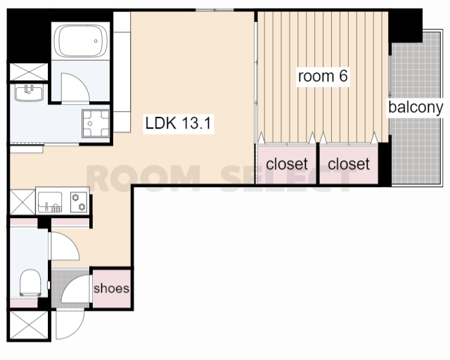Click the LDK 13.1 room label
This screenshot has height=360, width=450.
(178, 123)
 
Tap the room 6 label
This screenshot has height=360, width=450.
(323, 76)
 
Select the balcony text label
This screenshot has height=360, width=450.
(416, 108)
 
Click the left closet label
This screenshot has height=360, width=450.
(287, 164)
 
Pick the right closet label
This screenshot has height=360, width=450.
(349, 164)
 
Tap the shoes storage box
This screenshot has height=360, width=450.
(112, 288)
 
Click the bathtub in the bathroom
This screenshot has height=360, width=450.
(81, 41)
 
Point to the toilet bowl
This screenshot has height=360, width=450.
(30, 283)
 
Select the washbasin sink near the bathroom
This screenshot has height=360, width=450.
(29, 92)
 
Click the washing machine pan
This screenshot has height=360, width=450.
(96, 123)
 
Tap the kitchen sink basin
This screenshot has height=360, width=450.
(50, 202)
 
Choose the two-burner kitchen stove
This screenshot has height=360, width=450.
(79, 202)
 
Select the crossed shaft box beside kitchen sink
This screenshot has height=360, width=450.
(22, 202)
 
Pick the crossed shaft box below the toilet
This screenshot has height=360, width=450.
(29, 325)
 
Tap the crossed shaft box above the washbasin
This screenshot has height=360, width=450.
(29, 72)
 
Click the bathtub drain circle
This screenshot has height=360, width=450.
(96, 41)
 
